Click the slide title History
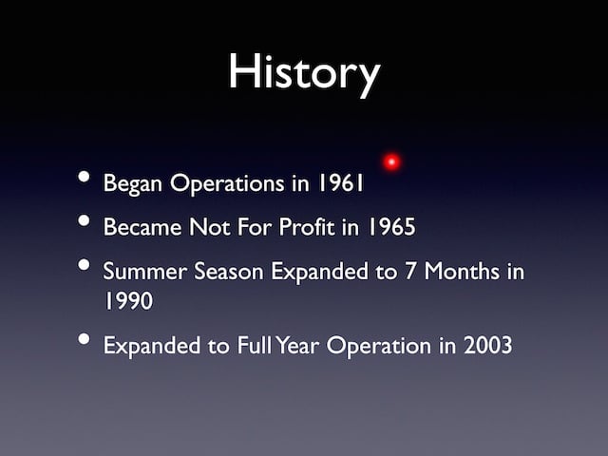coord(304,74)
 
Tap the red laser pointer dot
coord(391,161)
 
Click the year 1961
coord(341,182)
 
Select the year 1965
coord(391,226)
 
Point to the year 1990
coord(129,300)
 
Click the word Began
coord(132,183)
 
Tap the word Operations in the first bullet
coord(227,183)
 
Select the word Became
coord(142,226)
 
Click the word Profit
coord(306,226)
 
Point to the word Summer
coord(144,271)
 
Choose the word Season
coord(229,271)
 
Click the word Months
coord(462,271)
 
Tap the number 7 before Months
coord(410,271)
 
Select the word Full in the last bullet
coord(255,345)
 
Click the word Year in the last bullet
coord(297,345)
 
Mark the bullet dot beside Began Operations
coord(84,177)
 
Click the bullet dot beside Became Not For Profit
coord(84,220)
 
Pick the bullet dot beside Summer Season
coord(84,265)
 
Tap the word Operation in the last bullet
coord(379,346)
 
